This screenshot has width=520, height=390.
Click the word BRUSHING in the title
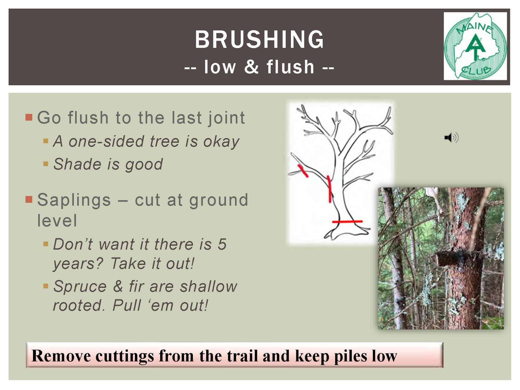[x=259, y=39]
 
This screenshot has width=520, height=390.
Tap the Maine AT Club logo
[x=475, y=46]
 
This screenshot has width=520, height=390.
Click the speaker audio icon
[x=451, y=137]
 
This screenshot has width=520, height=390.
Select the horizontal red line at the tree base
[x=347, y=222]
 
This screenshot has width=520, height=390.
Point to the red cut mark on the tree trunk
[x=329, y=189]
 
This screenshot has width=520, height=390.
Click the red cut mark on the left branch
[x=303, y=171]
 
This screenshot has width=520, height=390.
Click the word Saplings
[x=74, y=200]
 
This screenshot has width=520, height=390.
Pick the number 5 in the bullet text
[x=222, y=244]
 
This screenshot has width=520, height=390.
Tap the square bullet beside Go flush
[x=29, y=118]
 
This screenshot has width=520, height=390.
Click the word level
[x=57, y=220]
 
